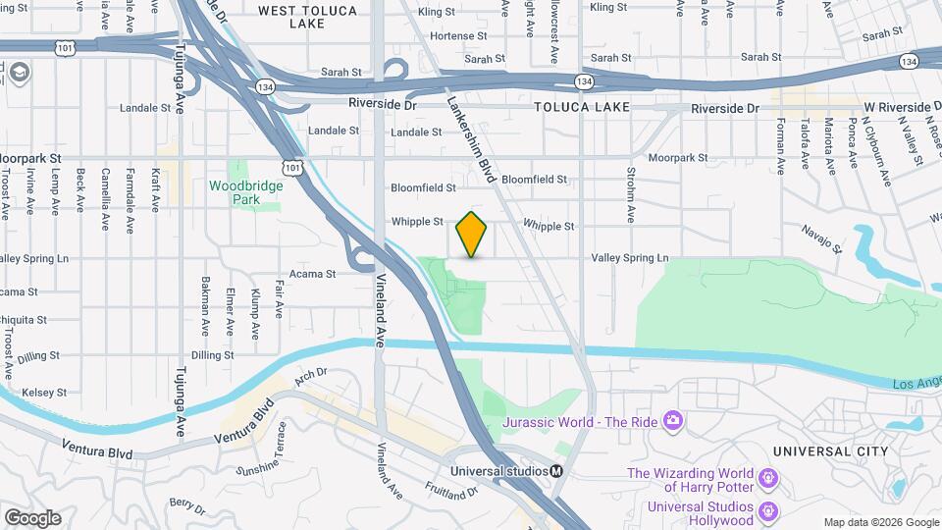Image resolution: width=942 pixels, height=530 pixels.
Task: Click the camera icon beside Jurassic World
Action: point(673,421)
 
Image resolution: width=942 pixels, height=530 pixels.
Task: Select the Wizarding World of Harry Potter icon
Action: point(769,478)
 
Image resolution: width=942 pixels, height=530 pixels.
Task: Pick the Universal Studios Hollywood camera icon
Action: point(769,511)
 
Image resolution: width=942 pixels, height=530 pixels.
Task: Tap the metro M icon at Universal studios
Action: point(556,470)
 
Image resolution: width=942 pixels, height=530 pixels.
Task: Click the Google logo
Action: point(32,517)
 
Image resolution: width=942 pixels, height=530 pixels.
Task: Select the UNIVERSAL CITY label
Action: point(829,451)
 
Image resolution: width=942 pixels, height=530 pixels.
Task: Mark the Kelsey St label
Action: point(46,392)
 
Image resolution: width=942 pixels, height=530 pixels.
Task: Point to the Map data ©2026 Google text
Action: point(880,522)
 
